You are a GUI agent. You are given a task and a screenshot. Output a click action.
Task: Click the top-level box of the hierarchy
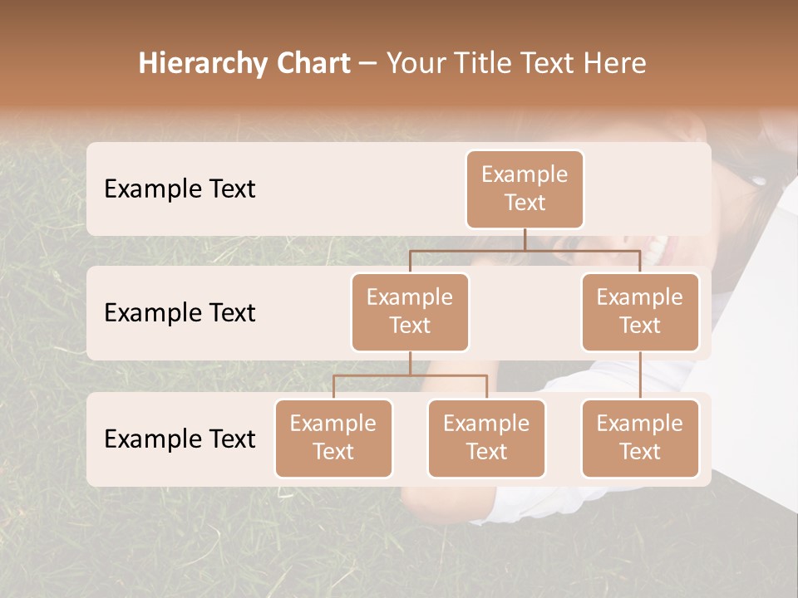[525, 189]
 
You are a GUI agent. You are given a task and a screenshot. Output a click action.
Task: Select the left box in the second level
[410, 312]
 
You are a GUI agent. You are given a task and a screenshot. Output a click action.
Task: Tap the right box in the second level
[640, 312]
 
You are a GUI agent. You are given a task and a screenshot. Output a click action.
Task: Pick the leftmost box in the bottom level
[333, 439]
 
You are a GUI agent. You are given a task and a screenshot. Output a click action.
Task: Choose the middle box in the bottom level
[486, 439]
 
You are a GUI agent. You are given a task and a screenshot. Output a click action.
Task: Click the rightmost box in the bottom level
[640, 439]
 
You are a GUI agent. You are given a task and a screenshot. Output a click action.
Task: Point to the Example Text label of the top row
[180, 189]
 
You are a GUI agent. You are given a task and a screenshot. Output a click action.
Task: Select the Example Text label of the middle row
[180, 313]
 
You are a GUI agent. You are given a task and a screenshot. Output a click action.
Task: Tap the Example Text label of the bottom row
[180, 439]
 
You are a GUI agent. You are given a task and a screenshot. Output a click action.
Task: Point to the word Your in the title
[416, 63]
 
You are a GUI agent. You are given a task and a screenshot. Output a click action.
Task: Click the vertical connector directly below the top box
[525, 239]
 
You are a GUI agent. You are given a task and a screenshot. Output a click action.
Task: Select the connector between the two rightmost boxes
[640, 375]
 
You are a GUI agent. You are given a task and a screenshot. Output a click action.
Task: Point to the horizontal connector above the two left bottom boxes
[410, 375]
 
